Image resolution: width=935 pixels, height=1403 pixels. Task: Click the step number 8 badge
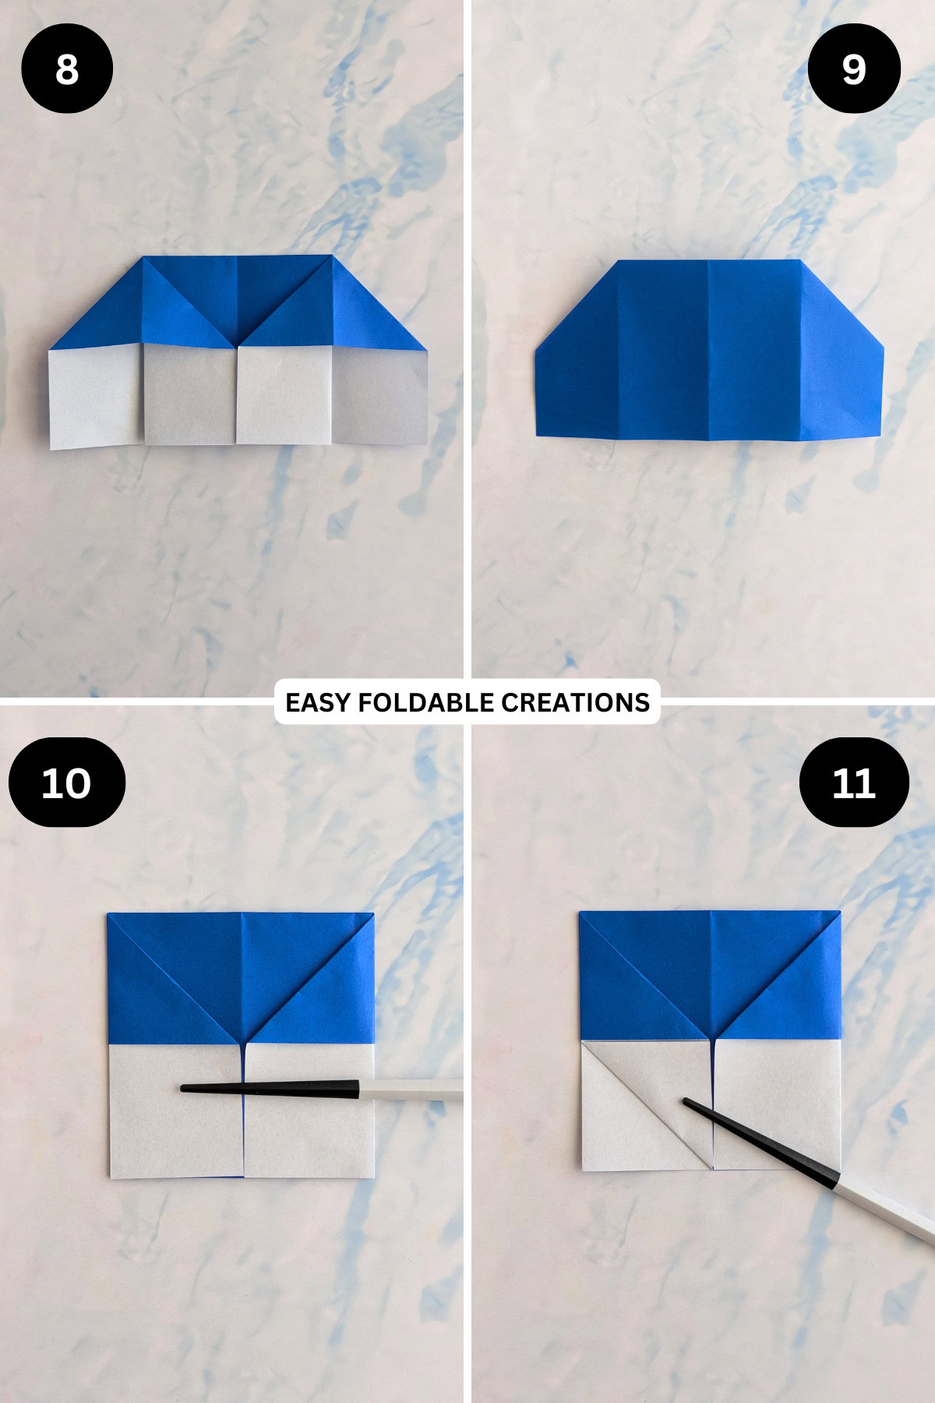point(67,69)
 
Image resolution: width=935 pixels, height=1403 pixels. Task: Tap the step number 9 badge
point(854,69)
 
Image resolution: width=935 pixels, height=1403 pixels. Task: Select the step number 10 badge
point(67,783)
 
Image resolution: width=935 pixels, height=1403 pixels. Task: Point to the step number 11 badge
point(854,783)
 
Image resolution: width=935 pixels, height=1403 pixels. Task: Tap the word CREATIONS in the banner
point(575,702)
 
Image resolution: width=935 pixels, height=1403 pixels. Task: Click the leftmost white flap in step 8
point(95,398)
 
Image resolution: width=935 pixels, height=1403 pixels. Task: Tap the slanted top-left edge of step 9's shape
point(577,304)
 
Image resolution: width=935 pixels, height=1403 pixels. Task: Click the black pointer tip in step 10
point(187,1088)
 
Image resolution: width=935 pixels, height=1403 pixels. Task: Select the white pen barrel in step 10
point(413,1089)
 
